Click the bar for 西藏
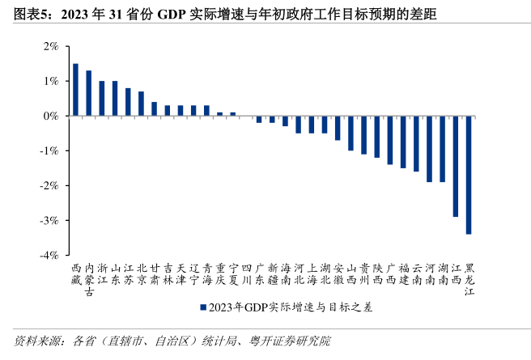(x=75, y=90)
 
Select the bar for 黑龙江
(x=469, y=175)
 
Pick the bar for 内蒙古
(x=88, y=93)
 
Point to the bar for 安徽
(x=338, y=128)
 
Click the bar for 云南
(x=416, y=143)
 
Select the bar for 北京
(x=141, y=104)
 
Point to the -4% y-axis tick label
(x=51, y=255)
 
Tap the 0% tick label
(x=53, y=116)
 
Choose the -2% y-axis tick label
(x=51, y=185)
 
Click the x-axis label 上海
(x=312, y=274)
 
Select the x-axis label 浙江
(x=102, y=274)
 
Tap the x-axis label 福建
(x=403, y=274)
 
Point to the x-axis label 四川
(x=246, y=274)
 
